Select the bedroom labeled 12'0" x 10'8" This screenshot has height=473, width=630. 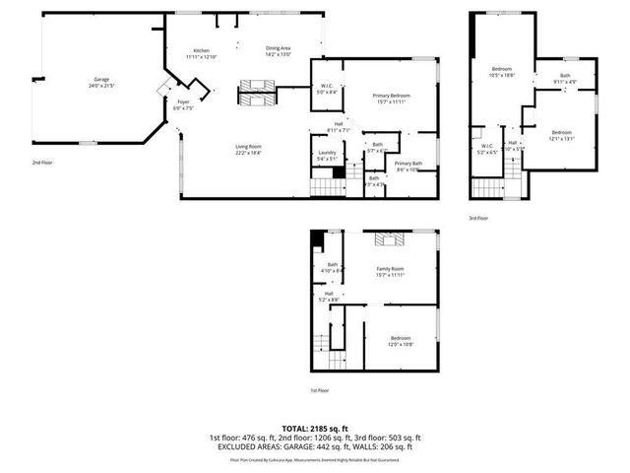(x=399, y=340)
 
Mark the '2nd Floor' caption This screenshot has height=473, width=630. (x=42, y=162)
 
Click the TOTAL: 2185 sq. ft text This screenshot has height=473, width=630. (x=314, y=428)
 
